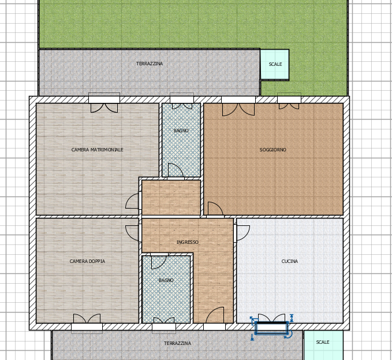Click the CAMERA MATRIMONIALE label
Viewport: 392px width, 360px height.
[97, 150]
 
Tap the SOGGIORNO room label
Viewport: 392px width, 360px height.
[272, 150]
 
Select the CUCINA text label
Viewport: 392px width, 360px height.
[289, 261]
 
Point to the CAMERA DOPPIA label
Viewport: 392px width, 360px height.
[87, 261]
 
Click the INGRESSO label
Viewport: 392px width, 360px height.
[188, 242]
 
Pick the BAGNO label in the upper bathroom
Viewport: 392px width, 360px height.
[181, 131]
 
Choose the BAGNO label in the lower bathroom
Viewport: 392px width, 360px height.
[166, 280]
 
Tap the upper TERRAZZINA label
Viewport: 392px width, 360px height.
[150, 64]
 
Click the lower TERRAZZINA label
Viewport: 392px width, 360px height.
[177, 343]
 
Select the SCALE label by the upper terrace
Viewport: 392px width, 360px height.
[275, 64]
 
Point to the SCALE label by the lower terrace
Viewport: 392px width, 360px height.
[323, 342]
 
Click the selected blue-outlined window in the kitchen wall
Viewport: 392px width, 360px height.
[271, 327]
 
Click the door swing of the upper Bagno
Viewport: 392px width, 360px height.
[176, 170]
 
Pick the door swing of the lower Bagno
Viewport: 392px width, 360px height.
[159, 261]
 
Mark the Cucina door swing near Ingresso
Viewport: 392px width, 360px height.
[243, 233]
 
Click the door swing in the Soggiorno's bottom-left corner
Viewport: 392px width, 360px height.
[215, 209]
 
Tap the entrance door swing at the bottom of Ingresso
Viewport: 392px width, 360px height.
[215, 316]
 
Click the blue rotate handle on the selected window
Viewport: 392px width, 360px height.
[288, 335]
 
